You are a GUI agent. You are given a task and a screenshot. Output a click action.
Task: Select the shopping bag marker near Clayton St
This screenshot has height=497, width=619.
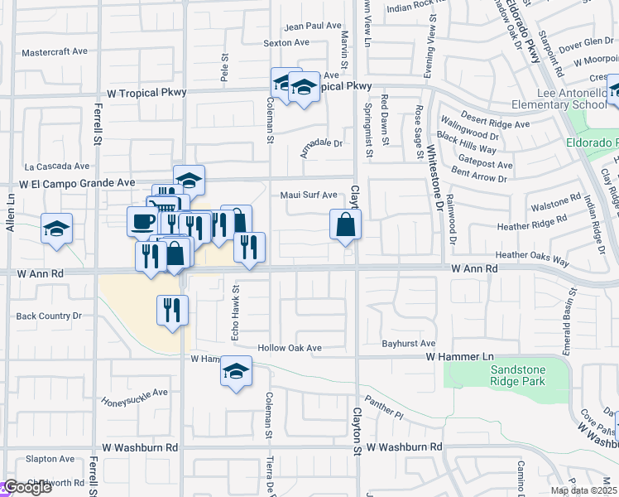tap(345, 224)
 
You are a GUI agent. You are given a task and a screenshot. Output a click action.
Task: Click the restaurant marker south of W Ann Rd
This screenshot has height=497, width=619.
tap(172, 311)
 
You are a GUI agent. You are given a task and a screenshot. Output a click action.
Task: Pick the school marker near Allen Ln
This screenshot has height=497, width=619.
tap(56, 229)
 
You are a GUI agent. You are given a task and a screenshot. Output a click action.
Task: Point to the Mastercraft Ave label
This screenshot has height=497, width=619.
tap(55, 51)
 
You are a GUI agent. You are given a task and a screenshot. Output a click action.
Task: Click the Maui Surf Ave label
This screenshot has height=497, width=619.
tap(308, 195)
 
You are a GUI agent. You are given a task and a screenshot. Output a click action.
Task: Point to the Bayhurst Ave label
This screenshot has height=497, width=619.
tap(408, 343)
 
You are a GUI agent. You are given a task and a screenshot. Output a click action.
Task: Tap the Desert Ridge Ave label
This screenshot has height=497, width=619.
tap(496, 124)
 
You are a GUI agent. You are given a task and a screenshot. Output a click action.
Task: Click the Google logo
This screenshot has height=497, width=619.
tap(27, 487)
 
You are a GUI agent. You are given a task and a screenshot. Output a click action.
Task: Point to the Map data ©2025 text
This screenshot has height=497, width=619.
tap(583, 490)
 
